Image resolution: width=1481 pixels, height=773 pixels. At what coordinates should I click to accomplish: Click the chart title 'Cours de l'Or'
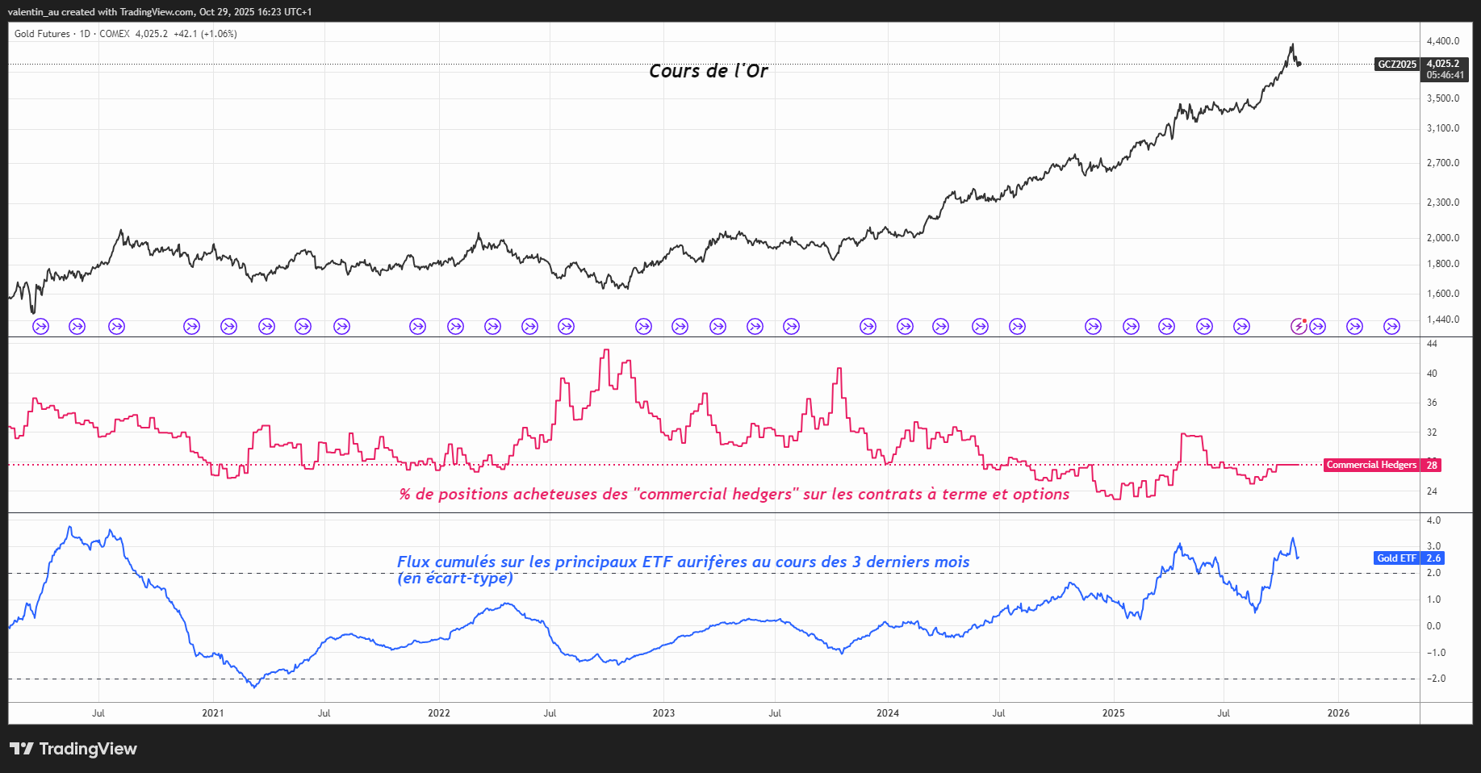pyautogui.click(x=708, y=71)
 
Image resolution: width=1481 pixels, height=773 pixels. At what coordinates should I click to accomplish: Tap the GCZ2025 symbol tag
pyautogui.click(x=1396, y=65)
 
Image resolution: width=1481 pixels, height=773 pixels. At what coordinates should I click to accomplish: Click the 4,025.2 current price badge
pyautogui.click(x=1443, y=64)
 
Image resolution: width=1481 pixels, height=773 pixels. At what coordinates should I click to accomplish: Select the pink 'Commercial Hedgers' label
pyautogui.click(x=1371, y=465)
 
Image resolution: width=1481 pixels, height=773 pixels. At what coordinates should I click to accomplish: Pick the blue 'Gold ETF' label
pyautogui.click(x=1396, y=558)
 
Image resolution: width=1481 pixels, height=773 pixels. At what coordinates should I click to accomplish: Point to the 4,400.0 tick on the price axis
pyautogui.click(x=1443, y=41)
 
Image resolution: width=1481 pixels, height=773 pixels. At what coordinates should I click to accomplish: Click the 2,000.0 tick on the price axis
pyautogui.click(x=1443, y=238)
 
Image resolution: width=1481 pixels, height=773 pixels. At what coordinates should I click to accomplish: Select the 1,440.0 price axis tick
pyautogui.click(x=1443, y=320)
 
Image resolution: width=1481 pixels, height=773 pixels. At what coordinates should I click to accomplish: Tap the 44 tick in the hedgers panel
pyautogui.click(x=1432, y=344)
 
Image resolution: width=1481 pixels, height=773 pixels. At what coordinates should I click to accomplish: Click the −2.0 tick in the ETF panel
pyautogui.click(x=1436, y=679)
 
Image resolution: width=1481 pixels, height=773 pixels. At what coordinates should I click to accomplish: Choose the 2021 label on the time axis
pyautogui.click(x=213, y=713)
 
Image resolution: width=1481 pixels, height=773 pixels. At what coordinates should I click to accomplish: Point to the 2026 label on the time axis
pyautogui.click(x=1338, y=713)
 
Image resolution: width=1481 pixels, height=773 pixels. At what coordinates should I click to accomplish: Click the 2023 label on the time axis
pyautogui.click(x=663, y=713)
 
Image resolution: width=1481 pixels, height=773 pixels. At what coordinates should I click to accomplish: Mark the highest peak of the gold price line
pyautogui.click(x=1292, y=44)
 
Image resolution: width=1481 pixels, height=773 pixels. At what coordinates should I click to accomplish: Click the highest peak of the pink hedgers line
pyautogui.click(x=606, y=350)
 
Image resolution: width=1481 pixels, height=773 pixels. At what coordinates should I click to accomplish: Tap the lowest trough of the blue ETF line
pyautogui.click(x=255, y=687)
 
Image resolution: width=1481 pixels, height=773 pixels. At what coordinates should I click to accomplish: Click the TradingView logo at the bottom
pyautogui.click(x=73, y=749)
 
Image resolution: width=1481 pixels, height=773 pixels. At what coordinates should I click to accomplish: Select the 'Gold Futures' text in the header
pyautogui.click(x=42, y=34)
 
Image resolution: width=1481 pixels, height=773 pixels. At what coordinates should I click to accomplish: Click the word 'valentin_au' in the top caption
pyautogui.click(x=32, y=12)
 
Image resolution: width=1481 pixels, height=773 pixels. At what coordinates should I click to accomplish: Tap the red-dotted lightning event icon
pyautogui.click(x=1299, y=326)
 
